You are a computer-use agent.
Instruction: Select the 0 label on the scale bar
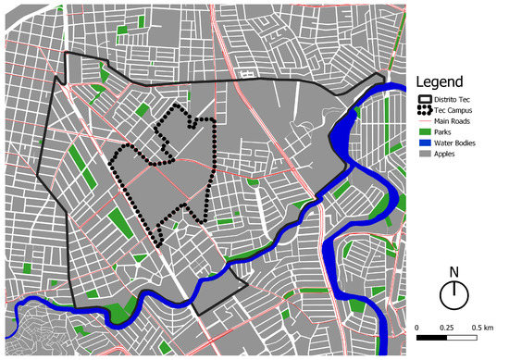[417, 329]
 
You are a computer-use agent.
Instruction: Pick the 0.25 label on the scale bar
[446, 329]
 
